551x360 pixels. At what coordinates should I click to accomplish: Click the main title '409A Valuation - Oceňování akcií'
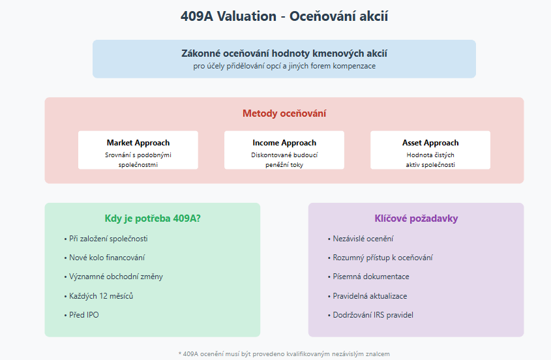click(284, 16)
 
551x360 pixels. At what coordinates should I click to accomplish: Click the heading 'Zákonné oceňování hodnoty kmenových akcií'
click(284, 53)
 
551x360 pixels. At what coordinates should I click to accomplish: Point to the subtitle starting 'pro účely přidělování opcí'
click(284, 66)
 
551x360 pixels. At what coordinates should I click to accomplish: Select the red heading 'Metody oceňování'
click(284, 113)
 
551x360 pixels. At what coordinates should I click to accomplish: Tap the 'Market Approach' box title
click(138, 143)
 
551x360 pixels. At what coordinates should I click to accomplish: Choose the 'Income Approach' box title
click(284, 143)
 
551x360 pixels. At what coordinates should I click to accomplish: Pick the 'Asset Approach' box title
click(430, 143)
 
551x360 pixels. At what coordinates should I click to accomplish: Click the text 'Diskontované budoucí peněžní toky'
click(284, 160)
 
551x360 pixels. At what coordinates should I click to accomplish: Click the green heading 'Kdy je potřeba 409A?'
click(153, 218)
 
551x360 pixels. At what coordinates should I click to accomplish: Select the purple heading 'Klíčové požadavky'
click(416, 218)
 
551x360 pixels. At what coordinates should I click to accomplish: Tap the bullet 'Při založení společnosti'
click(106, 239)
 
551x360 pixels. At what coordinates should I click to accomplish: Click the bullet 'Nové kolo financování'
click(104, 258)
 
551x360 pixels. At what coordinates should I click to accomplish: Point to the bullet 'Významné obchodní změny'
click(113, 277)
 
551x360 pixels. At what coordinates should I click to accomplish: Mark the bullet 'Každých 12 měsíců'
click(98, 296)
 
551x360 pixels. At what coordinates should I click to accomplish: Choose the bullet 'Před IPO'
click(81, 315)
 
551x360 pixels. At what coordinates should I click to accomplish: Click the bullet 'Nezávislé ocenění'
click(361, 239)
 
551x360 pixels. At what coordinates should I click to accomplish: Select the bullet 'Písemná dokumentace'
click(368, 277)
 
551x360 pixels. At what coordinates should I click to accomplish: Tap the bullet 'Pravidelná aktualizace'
click(367, 296)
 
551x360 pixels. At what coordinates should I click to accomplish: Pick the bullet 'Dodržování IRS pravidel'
click(370, 315)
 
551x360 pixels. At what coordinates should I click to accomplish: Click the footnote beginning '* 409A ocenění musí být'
click(284, 354)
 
